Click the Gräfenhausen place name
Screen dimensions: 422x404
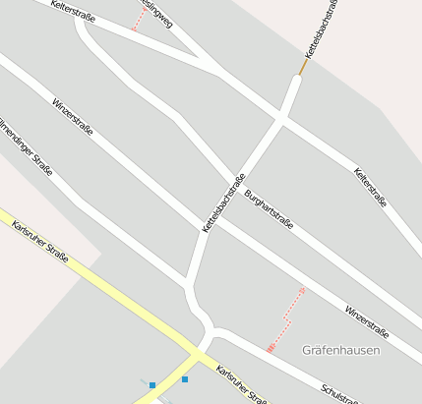(x=341, y=350)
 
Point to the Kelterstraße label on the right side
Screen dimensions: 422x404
(x=370, y=187)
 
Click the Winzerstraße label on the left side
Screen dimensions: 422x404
(x=73, y=116)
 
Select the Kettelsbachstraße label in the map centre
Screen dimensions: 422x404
(x=223, y=202)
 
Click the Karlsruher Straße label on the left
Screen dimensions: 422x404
(x=40, y=242)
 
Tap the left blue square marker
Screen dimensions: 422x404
(x=152, y=385)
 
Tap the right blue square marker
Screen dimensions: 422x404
(x=184, y=378)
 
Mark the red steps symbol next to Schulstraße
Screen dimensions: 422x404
(x=271, y=347)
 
